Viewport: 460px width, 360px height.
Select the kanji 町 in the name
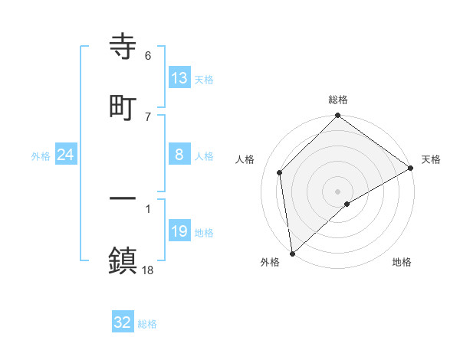click(123, 107)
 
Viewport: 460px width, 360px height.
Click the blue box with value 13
click(179, 77)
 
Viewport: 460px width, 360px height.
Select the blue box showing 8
click(179, 155)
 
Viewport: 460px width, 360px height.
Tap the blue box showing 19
click(179, 232)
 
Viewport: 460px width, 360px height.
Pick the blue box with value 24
click(66, 155)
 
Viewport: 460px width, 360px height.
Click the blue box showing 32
click(123, 322)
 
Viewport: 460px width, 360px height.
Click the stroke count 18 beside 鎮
click(148, 270)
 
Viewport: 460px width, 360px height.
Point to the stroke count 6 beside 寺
click(148, 56)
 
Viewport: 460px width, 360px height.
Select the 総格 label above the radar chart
click(338, 100)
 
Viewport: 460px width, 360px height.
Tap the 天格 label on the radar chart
click(431, 159)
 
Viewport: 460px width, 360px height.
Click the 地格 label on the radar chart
click(402, 262)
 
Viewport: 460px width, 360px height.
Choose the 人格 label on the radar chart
click(245, 159)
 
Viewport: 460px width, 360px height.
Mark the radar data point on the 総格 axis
click(337, 116)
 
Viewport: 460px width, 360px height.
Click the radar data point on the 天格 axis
click(411, 169)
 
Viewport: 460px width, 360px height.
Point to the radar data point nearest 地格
click(347, 204)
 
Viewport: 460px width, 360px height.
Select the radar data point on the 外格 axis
click(292, 254)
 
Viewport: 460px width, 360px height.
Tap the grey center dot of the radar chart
click(337, 191)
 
